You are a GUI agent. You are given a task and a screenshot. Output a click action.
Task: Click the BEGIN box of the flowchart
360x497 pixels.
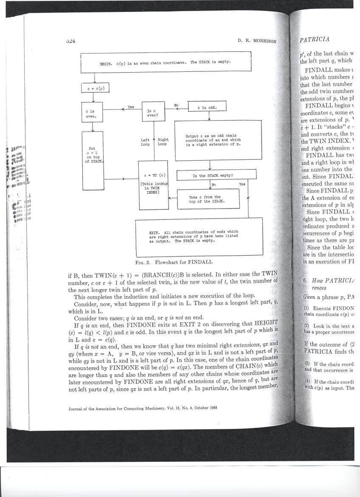click(x=166, y=62)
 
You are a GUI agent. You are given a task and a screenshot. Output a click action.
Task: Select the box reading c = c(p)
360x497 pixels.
click(x=96, y=88)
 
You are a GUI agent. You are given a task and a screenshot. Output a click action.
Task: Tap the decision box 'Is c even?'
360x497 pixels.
click(x=153, y=111)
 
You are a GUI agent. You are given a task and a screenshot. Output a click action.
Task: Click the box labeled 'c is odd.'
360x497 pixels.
click(x=207, y=107)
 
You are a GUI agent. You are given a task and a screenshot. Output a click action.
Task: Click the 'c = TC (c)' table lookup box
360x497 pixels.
click(x=153, y=185)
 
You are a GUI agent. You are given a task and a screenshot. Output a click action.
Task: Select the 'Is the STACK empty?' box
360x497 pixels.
click(x=216, y=175)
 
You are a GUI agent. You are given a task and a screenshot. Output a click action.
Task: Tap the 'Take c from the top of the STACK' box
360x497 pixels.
click(x=208, y=199)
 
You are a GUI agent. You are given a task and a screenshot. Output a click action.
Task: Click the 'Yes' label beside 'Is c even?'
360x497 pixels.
click(x=131, y=107)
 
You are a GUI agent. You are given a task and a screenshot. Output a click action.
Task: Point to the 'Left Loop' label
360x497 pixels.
click(x=145, y=142)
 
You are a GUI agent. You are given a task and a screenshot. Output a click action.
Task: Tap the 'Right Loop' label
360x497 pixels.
click(x=163, y=142)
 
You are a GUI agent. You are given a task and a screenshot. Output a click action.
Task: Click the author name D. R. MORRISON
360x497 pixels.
click(x=256, y=41)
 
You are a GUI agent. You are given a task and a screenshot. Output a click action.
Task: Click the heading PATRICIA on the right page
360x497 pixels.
click(x=315, y=40)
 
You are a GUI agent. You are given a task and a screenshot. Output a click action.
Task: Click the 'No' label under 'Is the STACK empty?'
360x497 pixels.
click(x=213, y=184)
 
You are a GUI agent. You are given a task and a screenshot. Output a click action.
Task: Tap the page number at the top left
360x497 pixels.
click(x=71, y=41)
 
